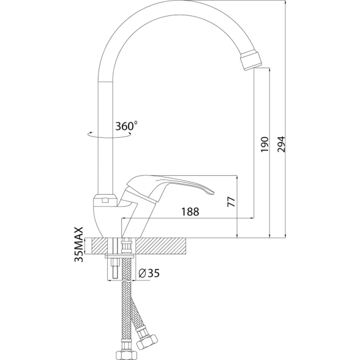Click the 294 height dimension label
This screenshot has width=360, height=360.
281,144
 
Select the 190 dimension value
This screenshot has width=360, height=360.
264,144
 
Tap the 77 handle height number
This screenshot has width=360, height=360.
231,202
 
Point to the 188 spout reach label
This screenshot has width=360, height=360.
190,211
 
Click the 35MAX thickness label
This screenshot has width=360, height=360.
79,244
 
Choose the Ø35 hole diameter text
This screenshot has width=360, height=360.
149,273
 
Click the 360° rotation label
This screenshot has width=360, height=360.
126,126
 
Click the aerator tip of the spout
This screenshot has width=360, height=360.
251,60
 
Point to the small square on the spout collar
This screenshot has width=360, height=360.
105,201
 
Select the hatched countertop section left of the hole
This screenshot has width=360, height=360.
100,246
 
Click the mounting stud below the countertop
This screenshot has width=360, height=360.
114,269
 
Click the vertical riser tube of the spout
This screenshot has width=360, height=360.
105,138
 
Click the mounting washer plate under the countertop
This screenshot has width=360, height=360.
120,256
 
